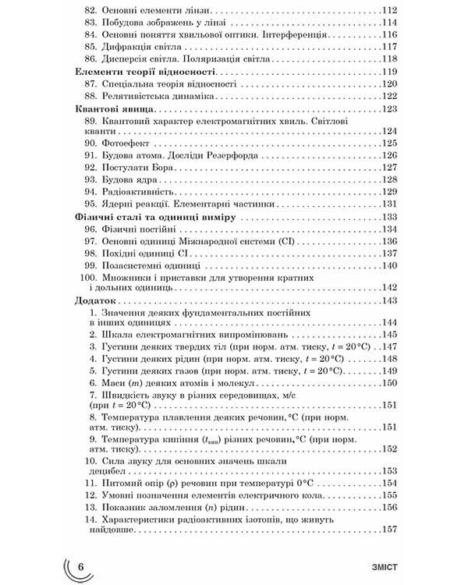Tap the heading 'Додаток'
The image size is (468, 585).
(92, 300)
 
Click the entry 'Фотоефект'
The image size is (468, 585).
(131, 144)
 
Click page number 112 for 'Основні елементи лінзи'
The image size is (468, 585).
(388, 10)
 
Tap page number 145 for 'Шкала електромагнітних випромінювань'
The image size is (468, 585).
(388, 335)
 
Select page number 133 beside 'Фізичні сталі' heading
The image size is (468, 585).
(388, 217)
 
